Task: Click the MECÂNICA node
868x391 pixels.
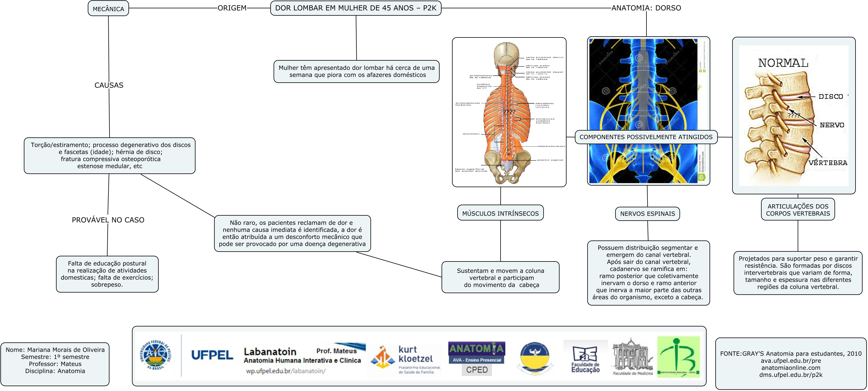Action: [108, 9]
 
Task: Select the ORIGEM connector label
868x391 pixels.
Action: [232, 8]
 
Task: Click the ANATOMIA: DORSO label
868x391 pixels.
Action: [646, 8]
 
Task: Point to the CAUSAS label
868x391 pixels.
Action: [109, 85]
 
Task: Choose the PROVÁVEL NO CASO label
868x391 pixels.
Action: [108, 220]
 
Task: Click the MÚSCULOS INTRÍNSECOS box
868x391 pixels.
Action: [500, 213]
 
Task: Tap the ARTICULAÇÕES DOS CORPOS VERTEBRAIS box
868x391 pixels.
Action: [798, 210]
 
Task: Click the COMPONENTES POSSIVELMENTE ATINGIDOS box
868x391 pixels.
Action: [646, 137]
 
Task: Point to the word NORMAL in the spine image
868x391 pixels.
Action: [783, 63]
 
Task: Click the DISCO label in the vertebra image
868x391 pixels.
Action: [831, 96]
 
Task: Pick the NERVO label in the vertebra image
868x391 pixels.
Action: [832, 125]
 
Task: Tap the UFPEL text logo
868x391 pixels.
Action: [212, 355]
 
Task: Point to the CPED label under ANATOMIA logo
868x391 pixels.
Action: [477, 370]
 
